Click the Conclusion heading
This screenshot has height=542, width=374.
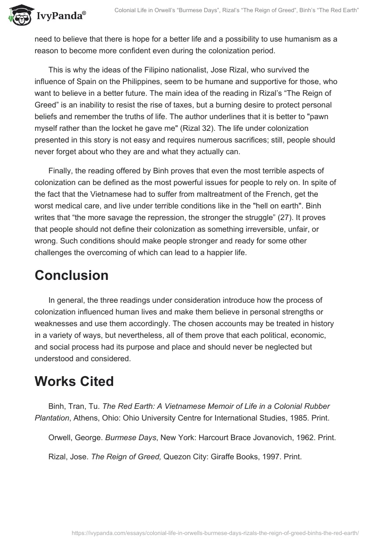point(71,275)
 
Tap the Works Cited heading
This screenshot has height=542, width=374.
point(74,381)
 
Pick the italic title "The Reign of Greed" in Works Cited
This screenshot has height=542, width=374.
point(126,457)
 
